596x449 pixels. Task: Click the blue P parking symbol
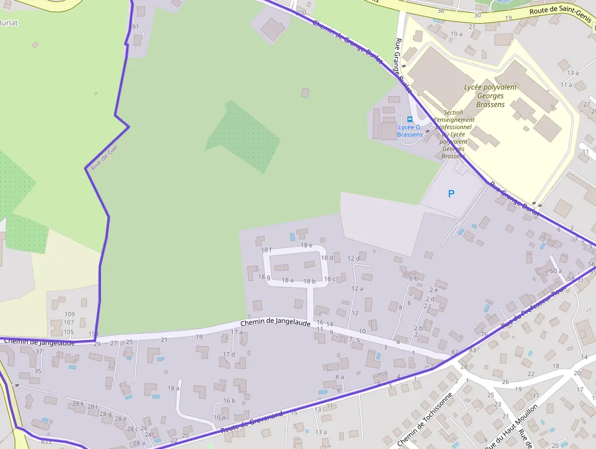click(x=451, y=194)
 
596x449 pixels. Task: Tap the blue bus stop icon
click(x=410, y=119)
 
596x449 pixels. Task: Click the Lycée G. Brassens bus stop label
click(x=410, y=130)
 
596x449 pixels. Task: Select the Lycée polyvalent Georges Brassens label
click(x=490, y=96)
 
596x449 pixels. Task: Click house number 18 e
click(x=307, y=245)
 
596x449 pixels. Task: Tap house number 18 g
click(x=264, y=277)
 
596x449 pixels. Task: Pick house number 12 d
click(x=353, y=259)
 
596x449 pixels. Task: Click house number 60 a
click(x=556, y=271)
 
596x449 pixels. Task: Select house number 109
click(x=69, y=314)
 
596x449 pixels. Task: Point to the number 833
click(x=46, y=442)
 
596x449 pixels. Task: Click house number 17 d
click(x=229, y=354)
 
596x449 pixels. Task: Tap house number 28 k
click(x=78, y=403)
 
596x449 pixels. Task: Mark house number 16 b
click(x=229, y=400)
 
